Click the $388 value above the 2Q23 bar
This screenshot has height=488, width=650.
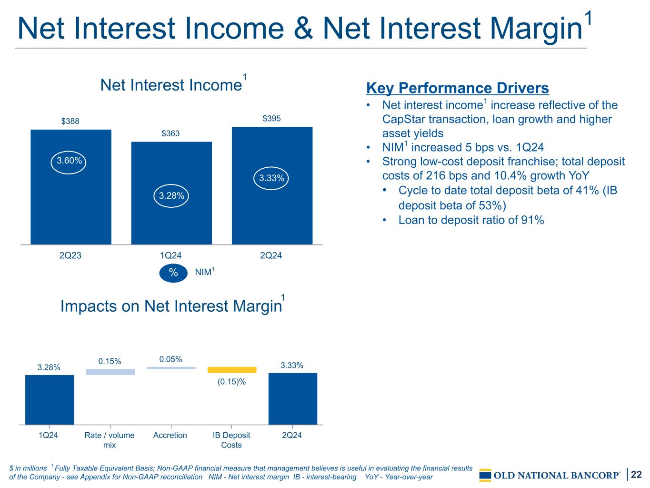pyautogui.click(x=70, y=121)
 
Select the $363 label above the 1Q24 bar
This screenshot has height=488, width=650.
pyautogui.click(x=170, y=133)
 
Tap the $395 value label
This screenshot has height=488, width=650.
pyautogui.click(x=271, y=119)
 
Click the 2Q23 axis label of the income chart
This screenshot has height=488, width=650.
pyautogui.click(x=70, y=255)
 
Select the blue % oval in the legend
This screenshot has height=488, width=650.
pyautogui.click(x=173, y=273)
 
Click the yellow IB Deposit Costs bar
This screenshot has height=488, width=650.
pyautogui.click(x=232, y=370)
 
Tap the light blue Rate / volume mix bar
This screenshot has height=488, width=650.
pyautogui.click(x=110, y=372)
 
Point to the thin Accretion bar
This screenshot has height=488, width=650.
pyautogui.click(x=171, y=368)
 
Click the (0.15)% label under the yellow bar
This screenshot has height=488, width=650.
pyautogui.click(x=231, y=382)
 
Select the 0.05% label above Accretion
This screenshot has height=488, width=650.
pyautogui.click(x=170, y=359)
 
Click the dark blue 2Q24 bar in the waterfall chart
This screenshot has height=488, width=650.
pyautogui.click(x=292, y=399)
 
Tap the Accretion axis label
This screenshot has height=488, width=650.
pyautogui.click(x=170, y=435)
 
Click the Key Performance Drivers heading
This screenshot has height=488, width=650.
pyautogui.click(x=458, y=88)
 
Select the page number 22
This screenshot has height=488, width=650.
pyautogui.click(x=636, y=474)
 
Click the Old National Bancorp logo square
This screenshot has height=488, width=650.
pyautogui.click(x=485, y=475)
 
